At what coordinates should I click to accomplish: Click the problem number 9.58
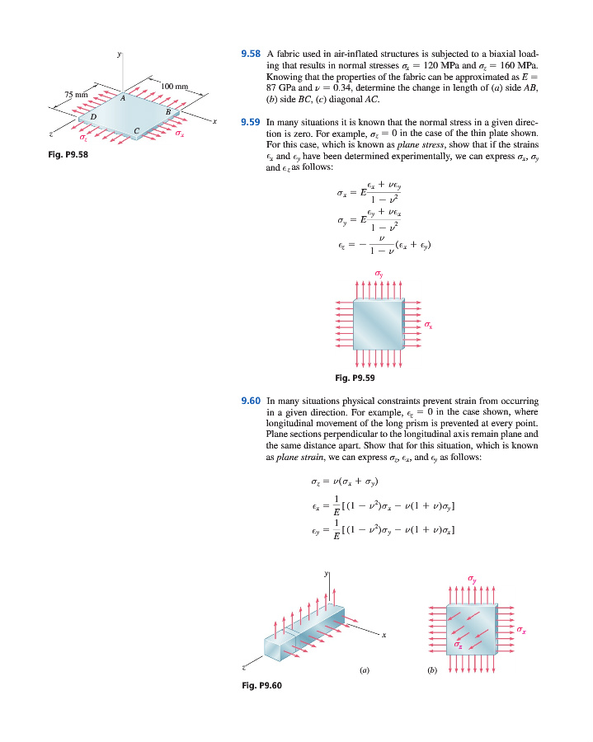tap(250, 54)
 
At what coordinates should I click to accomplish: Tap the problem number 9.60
tap(250, 400)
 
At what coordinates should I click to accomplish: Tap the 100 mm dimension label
tap(175, 87)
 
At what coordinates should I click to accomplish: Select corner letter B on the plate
tap(168, 112)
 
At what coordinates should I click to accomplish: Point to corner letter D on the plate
tap(92, 116)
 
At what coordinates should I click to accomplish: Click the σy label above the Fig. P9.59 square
tap(379, 273)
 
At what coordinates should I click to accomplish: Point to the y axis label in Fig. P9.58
tap(121, 54)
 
